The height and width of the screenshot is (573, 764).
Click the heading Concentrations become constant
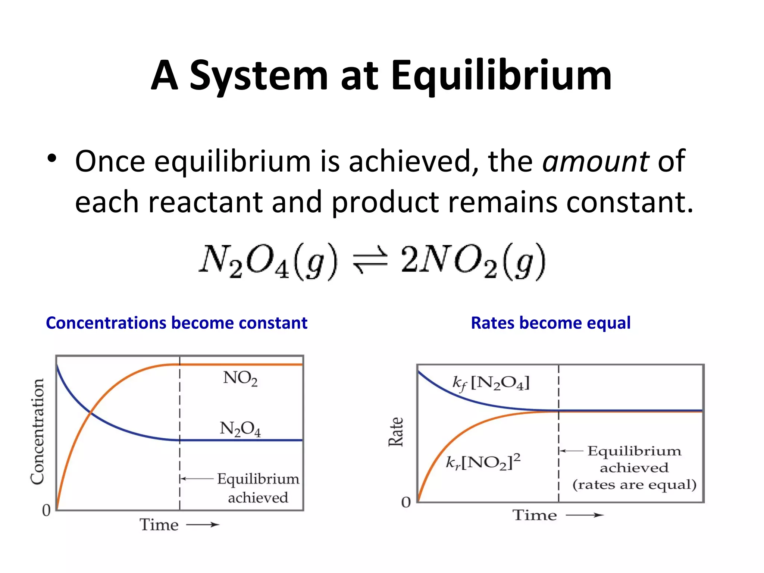click(176, 323)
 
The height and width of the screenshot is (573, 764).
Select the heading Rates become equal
click(551, 323)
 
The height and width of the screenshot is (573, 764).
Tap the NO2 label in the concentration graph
click(240, 378)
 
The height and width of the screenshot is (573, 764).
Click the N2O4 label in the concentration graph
click(240, 429)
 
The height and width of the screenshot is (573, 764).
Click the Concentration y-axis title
click(37, 432)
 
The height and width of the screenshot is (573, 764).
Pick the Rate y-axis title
click(396, 432)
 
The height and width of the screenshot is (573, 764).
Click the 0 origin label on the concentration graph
click(46, 510)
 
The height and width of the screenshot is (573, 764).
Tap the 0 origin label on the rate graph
click(406, 502)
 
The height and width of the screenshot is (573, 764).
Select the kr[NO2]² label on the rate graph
click(483, 462)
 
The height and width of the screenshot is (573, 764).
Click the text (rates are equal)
click(634, 485)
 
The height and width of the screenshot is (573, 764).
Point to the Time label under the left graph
click(159, 525)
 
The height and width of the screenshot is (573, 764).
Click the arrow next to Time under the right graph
click(584, 515)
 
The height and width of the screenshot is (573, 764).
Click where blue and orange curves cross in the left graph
click(90, 412)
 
